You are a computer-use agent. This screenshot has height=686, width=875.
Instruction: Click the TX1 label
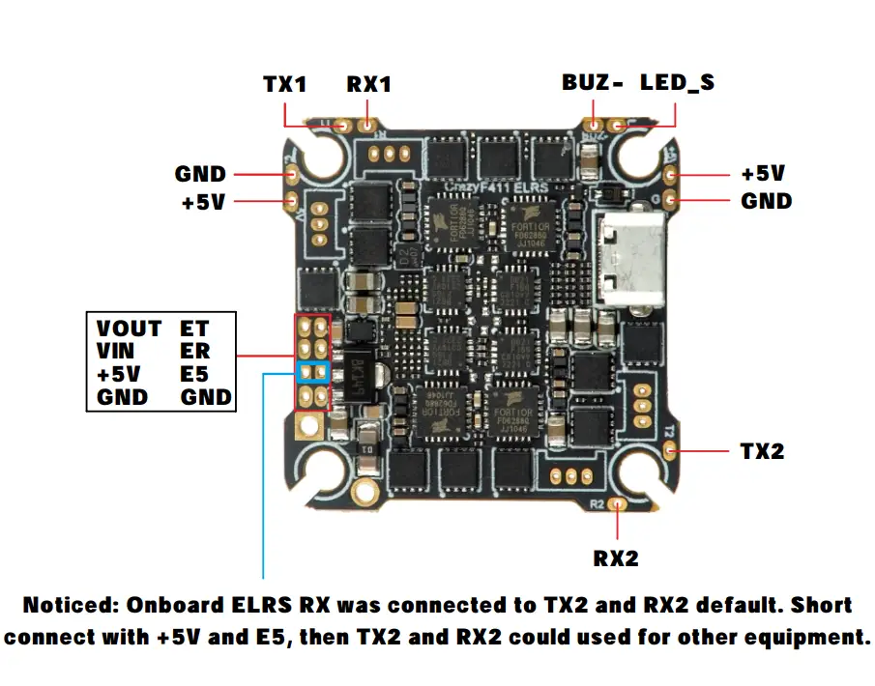pyautogui.click(x=284, y=84)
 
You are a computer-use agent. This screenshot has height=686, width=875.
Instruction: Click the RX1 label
pyautogui.click(x=368, y=84)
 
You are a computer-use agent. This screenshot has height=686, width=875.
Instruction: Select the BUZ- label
pyautogui.click(x=592, y=82)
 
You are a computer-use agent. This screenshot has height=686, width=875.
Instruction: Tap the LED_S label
pyautogui.click(x=677, y=82)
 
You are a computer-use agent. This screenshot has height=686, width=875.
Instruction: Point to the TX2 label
pyautogui.click(x=763, y=451)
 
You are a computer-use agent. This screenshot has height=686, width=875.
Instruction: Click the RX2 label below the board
pyautogui.click(x=616, y=557)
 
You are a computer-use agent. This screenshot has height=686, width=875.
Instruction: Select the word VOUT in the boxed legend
pyautogui.click(x=129, y=329)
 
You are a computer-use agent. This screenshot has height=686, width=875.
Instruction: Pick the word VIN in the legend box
pyautogui.click(x=116, y=352)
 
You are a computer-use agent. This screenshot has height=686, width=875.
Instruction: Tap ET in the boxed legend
pyautogui.click(x=193, y=329)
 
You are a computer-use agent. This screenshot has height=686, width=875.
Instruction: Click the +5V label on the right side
pyautogui.click(x=763, y=175)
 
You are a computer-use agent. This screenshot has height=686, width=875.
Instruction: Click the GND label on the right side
pyautogui.click(x=767, y=201)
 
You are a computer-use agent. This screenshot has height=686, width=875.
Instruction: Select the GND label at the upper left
pyautogui.click(x=200, y=174)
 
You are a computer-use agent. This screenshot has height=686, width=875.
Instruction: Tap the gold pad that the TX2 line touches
pyautogui.click(x=670, y=450)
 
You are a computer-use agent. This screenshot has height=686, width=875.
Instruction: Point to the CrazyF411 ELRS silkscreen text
pyautogui.click(x=495, y=184)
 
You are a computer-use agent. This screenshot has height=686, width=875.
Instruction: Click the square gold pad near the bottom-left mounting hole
pyautogui.click(x=310, y=423)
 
